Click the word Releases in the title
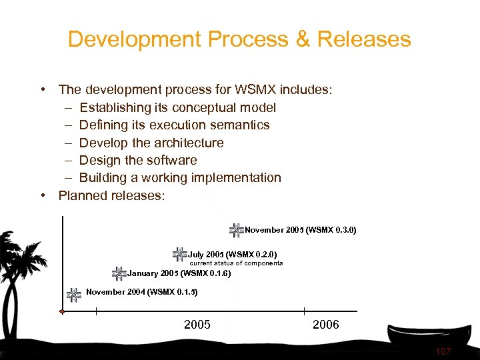[364, 39]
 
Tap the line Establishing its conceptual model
[177, 107]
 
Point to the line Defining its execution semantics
[174, 125]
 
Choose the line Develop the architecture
[151, 143]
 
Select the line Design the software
[138, 160]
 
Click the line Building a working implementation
[180, 177]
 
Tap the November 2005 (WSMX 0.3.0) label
[301, 230]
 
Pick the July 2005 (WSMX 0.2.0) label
[233, 254]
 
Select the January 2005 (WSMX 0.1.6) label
[179, 273]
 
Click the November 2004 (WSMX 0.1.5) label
[142, 292]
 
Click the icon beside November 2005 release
[236, 230]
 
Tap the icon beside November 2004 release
[74, 293]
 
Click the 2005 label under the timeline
[197, 325]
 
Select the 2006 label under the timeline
[325, 325]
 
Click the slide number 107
[443, 351]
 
